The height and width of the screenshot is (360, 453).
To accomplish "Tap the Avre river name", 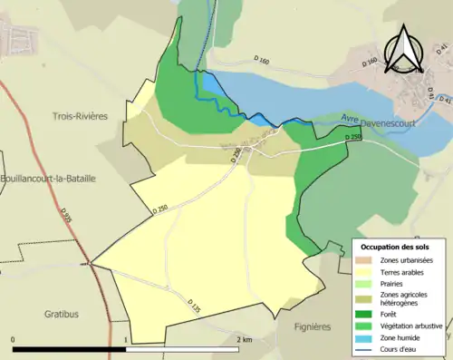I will (x=351, y=118).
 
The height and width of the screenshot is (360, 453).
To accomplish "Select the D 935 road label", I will (x=67, y=217).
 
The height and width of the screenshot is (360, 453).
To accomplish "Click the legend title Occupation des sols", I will (x=396, y=247).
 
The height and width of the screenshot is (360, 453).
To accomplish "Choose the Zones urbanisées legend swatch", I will (x=368, y=260).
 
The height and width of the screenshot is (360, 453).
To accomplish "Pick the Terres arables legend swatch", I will (x=368, y=271).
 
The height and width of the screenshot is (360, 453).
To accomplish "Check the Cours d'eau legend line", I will (x=368, y=347).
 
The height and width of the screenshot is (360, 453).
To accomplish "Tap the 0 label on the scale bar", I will (x=14, y=339).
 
